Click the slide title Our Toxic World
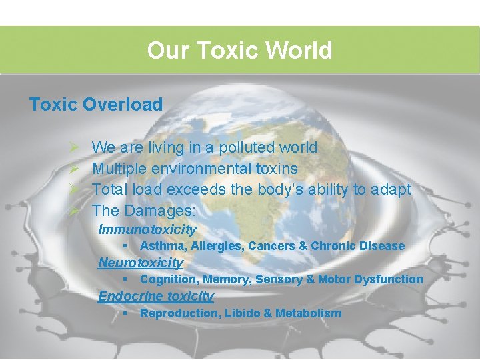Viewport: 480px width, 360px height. point(239,50)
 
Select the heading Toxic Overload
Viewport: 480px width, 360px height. point(95,105)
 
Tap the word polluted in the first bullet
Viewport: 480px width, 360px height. point(221,147)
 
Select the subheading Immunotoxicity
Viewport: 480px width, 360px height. point(147,230)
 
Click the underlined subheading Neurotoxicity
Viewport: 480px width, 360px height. point(140,263)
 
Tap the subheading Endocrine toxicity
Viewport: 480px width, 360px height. point(156,296)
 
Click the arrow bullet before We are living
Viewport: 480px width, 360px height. point(75,147)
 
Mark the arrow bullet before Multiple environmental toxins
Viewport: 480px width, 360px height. point(75,169)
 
